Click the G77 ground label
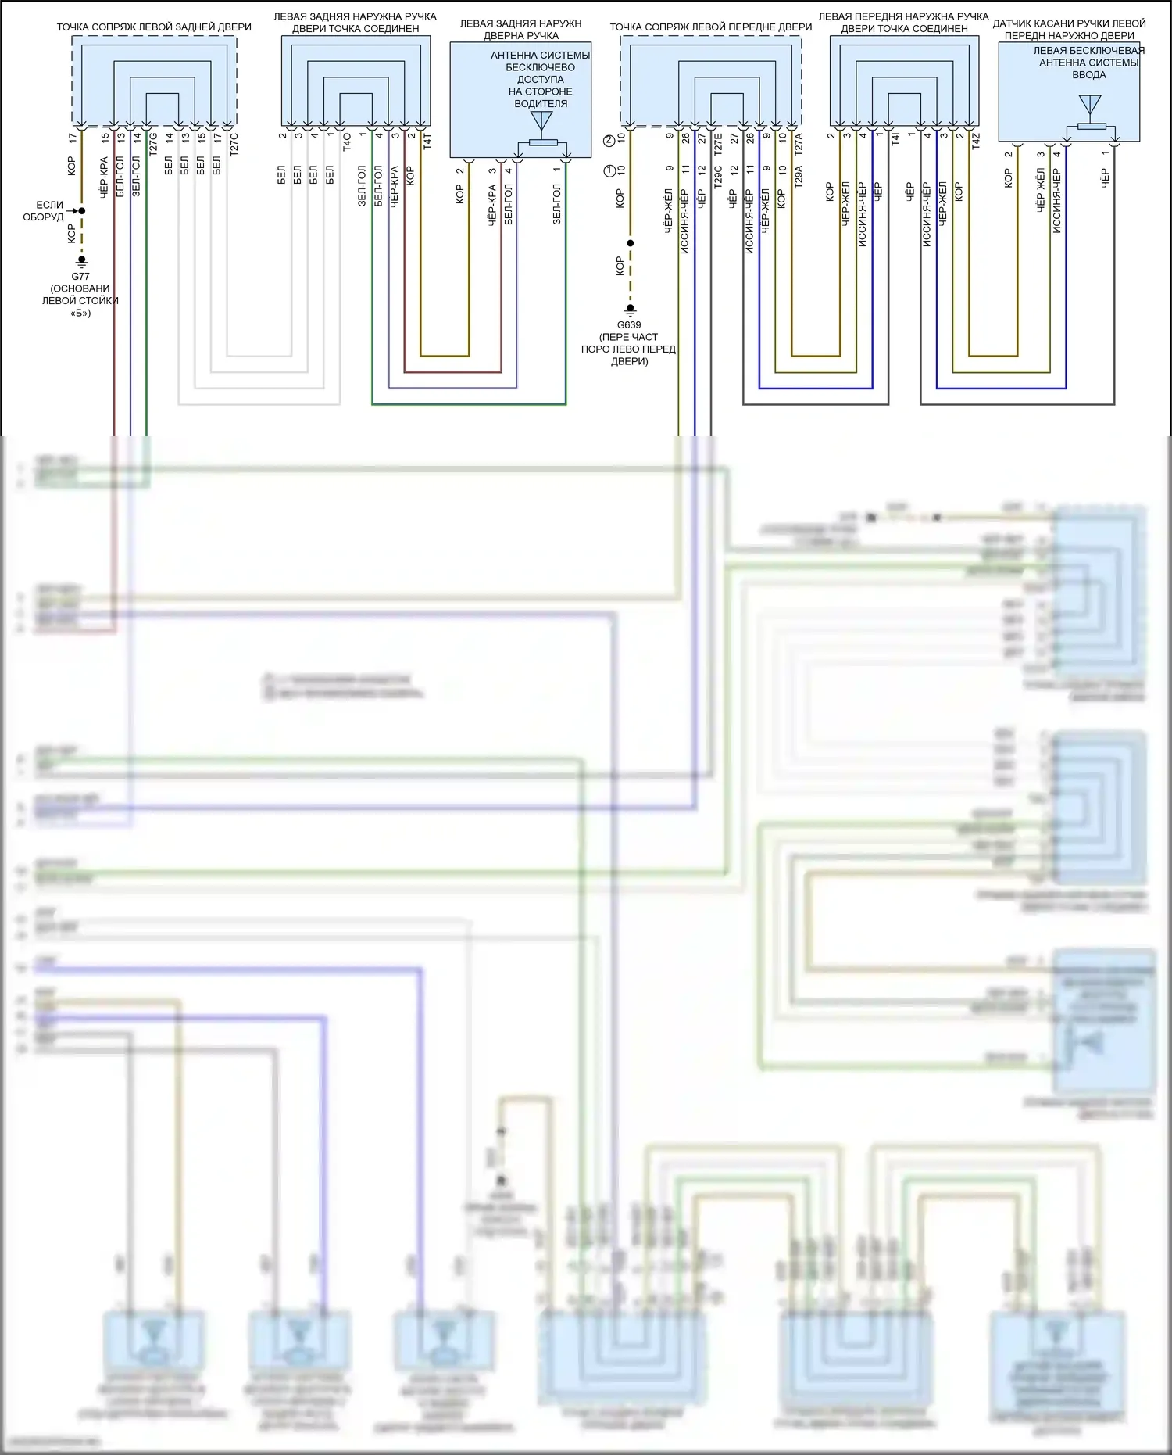80,276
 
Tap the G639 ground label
629,324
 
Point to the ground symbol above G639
630,310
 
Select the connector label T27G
153,144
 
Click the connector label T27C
234,144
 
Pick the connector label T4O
347,142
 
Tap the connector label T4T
427,142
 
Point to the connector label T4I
895,140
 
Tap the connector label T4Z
976,142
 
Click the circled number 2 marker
609,141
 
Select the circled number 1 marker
609,170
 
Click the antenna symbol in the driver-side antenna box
541,122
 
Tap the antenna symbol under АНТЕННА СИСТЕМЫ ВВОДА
1089,106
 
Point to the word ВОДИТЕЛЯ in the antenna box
541,103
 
